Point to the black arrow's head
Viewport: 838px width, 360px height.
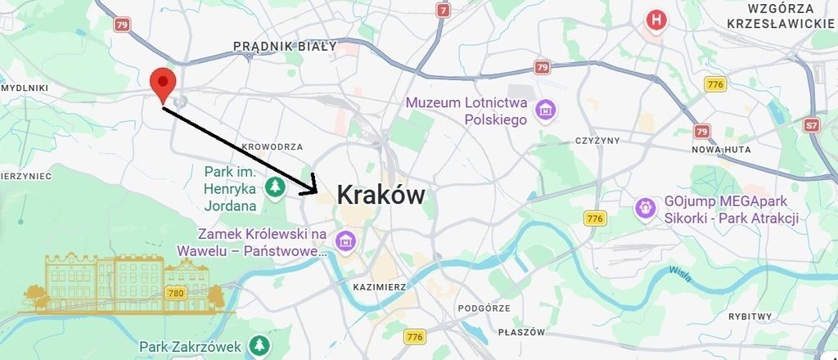pos(314,191)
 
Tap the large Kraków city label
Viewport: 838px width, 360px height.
pos(381,196)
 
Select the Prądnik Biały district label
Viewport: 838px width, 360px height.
pos(284,47)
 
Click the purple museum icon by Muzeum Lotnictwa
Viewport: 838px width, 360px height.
pos(544,109)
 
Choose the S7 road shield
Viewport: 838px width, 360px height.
pos(811,125)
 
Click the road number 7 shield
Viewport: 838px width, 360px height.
pos(444,11)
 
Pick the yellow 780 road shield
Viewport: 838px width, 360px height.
pos(175,292)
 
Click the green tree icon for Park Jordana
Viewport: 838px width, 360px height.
pos(277,187)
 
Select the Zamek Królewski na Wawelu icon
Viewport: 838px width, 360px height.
pos(345,241)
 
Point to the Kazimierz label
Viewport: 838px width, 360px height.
pos(379,287)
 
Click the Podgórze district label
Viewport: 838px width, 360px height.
pos(484,308)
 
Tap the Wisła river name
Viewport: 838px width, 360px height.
pos(679,273)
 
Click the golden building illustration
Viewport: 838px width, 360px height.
pos(123,284)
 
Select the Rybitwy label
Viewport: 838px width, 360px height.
pos(750,316)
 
